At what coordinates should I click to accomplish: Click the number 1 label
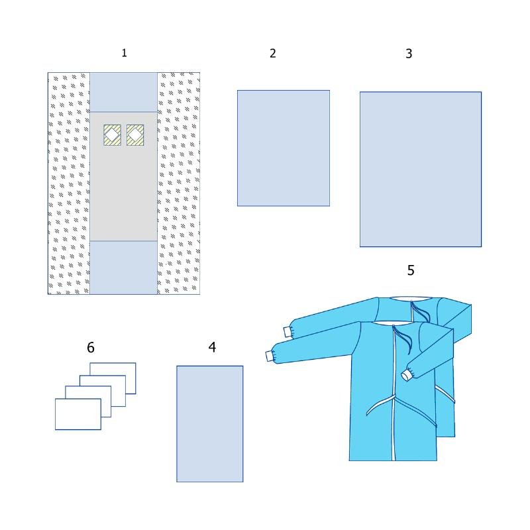click(124, 53)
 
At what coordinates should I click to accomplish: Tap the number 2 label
click(273, 54)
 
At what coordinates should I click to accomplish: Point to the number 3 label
click(409, 54)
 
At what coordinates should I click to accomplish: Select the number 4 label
click(212, 347)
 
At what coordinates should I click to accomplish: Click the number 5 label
click(411, 270)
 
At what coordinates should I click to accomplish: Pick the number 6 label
click(91, 347)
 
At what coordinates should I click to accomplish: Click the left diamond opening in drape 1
click(112, 135)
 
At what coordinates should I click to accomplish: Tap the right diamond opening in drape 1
click(135, 135)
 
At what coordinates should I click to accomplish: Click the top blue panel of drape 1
click(123, 92)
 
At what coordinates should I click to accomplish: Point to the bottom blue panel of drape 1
click(123, 268)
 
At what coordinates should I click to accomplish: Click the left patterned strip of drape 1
click(69, 184)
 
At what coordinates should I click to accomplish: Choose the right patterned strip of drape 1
click(178, 184)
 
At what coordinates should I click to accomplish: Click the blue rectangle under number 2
click(284, 148)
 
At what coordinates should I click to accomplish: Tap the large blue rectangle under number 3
click(421, 169)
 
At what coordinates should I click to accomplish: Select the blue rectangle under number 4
click(209, 424)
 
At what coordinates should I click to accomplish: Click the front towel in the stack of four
click(78, 415)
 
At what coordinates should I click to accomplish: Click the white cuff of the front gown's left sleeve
click(270, 356)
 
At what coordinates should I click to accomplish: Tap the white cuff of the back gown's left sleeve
click(288, 332)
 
